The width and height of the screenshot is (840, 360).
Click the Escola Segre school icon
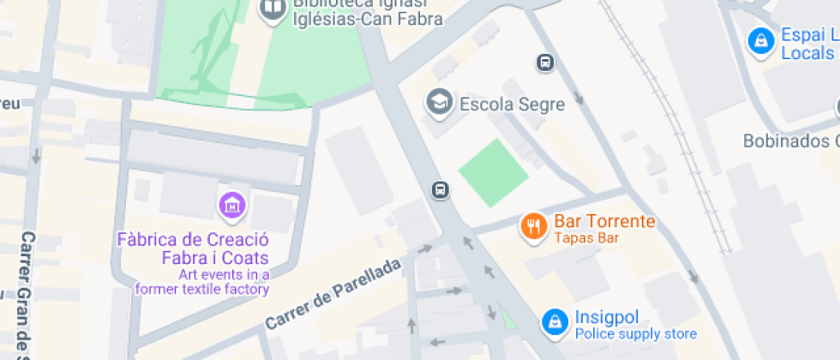coord(440,102)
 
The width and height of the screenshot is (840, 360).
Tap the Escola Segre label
coord(513,105)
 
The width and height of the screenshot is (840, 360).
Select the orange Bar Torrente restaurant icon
coord(533,226)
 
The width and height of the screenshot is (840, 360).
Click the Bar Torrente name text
coord(604,221)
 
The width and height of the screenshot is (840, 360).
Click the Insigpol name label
coord(607,318)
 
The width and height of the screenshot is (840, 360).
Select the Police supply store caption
coord(635,334)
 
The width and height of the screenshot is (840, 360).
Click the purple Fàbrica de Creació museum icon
coord(232,205)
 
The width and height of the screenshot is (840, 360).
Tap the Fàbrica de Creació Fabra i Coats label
coord(205,249)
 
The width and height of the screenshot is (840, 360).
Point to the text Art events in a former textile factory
coord(202,282)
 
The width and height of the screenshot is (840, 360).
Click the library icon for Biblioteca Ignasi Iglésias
coord(273,9)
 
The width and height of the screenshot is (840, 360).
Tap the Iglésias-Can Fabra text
coord(368,18)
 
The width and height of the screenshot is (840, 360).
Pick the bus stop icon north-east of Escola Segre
coord(544,63)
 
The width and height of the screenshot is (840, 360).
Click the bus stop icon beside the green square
coord(441,189)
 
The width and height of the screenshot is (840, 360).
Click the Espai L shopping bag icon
coord(759,40)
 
